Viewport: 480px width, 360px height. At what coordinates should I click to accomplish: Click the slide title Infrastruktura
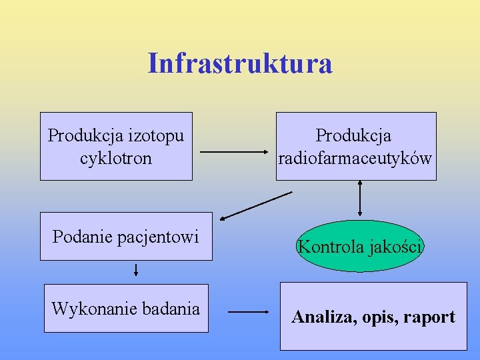(240, 63)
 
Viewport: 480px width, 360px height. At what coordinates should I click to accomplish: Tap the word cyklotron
(116, 159)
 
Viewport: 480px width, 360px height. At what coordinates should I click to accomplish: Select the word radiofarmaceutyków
(355, 159)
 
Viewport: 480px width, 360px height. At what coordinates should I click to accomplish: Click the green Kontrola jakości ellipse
(360, 246)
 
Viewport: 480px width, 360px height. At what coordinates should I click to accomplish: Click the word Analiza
(323, 317)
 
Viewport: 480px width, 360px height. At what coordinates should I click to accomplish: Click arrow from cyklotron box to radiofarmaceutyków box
(234, 152)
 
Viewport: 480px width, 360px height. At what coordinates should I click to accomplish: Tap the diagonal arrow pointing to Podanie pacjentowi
(256, 205)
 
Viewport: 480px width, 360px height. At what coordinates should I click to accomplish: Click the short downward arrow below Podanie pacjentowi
(136, 269)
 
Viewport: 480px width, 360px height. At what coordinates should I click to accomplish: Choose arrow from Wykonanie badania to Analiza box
(248, 311)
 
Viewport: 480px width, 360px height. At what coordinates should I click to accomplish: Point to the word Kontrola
(329, 246)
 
